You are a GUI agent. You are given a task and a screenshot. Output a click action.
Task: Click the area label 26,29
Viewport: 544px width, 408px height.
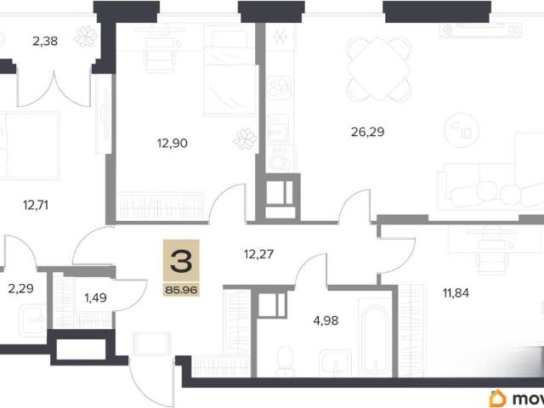(x=368, y=133)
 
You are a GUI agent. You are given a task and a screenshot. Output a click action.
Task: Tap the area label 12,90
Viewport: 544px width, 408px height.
(x=173, y=143)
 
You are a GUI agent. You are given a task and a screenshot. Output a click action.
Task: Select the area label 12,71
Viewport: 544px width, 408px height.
(x=36, y=206)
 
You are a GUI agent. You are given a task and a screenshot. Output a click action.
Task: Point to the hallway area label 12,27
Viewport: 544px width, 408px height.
(x=258, y=254)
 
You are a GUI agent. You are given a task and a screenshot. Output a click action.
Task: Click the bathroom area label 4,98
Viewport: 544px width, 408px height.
(x=326, y=320)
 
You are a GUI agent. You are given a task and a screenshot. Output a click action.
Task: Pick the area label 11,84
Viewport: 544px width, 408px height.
(x=456, y=292)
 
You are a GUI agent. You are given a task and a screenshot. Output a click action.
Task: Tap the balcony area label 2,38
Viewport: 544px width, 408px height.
(x=45, y=42)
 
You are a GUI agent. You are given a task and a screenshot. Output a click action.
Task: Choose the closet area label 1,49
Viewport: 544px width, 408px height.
(x=96, y=297)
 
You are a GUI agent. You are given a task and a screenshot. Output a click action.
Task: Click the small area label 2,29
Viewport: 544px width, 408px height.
(x=20, y=288)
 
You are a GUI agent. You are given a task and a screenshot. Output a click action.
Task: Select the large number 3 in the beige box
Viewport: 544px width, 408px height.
(x=181, y=261)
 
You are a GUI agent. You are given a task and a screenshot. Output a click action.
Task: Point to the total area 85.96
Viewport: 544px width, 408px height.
(x=181, y=289)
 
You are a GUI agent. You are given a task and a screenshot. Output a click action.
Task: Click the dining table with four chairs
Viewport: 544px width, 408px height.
(x=378, y=69)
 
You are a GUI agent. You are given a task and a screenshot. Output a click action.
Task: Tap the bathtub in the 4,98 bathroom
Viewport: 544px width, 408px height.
(x=376, y=338)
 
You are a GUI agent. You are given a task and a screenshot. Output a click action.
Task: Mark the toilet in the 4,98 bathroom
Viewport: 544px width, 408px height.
(x=286, y=360)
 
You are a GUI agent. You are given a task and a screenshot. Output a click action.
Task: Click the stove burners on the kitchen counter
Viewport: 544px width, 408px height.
(x=280, y=88)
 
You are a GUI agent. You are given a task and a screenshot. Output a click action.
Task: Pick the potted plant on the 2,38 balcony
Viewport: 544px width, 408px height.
(x=86, y=36)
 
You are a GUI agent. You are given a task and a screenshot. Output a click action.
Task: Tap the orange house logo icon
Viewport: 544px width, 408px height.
(x=498, y=399)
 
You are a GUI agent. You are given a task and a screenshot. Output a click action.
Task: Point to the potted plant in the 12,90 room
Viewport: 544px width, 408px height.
(x=246, y=139)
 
